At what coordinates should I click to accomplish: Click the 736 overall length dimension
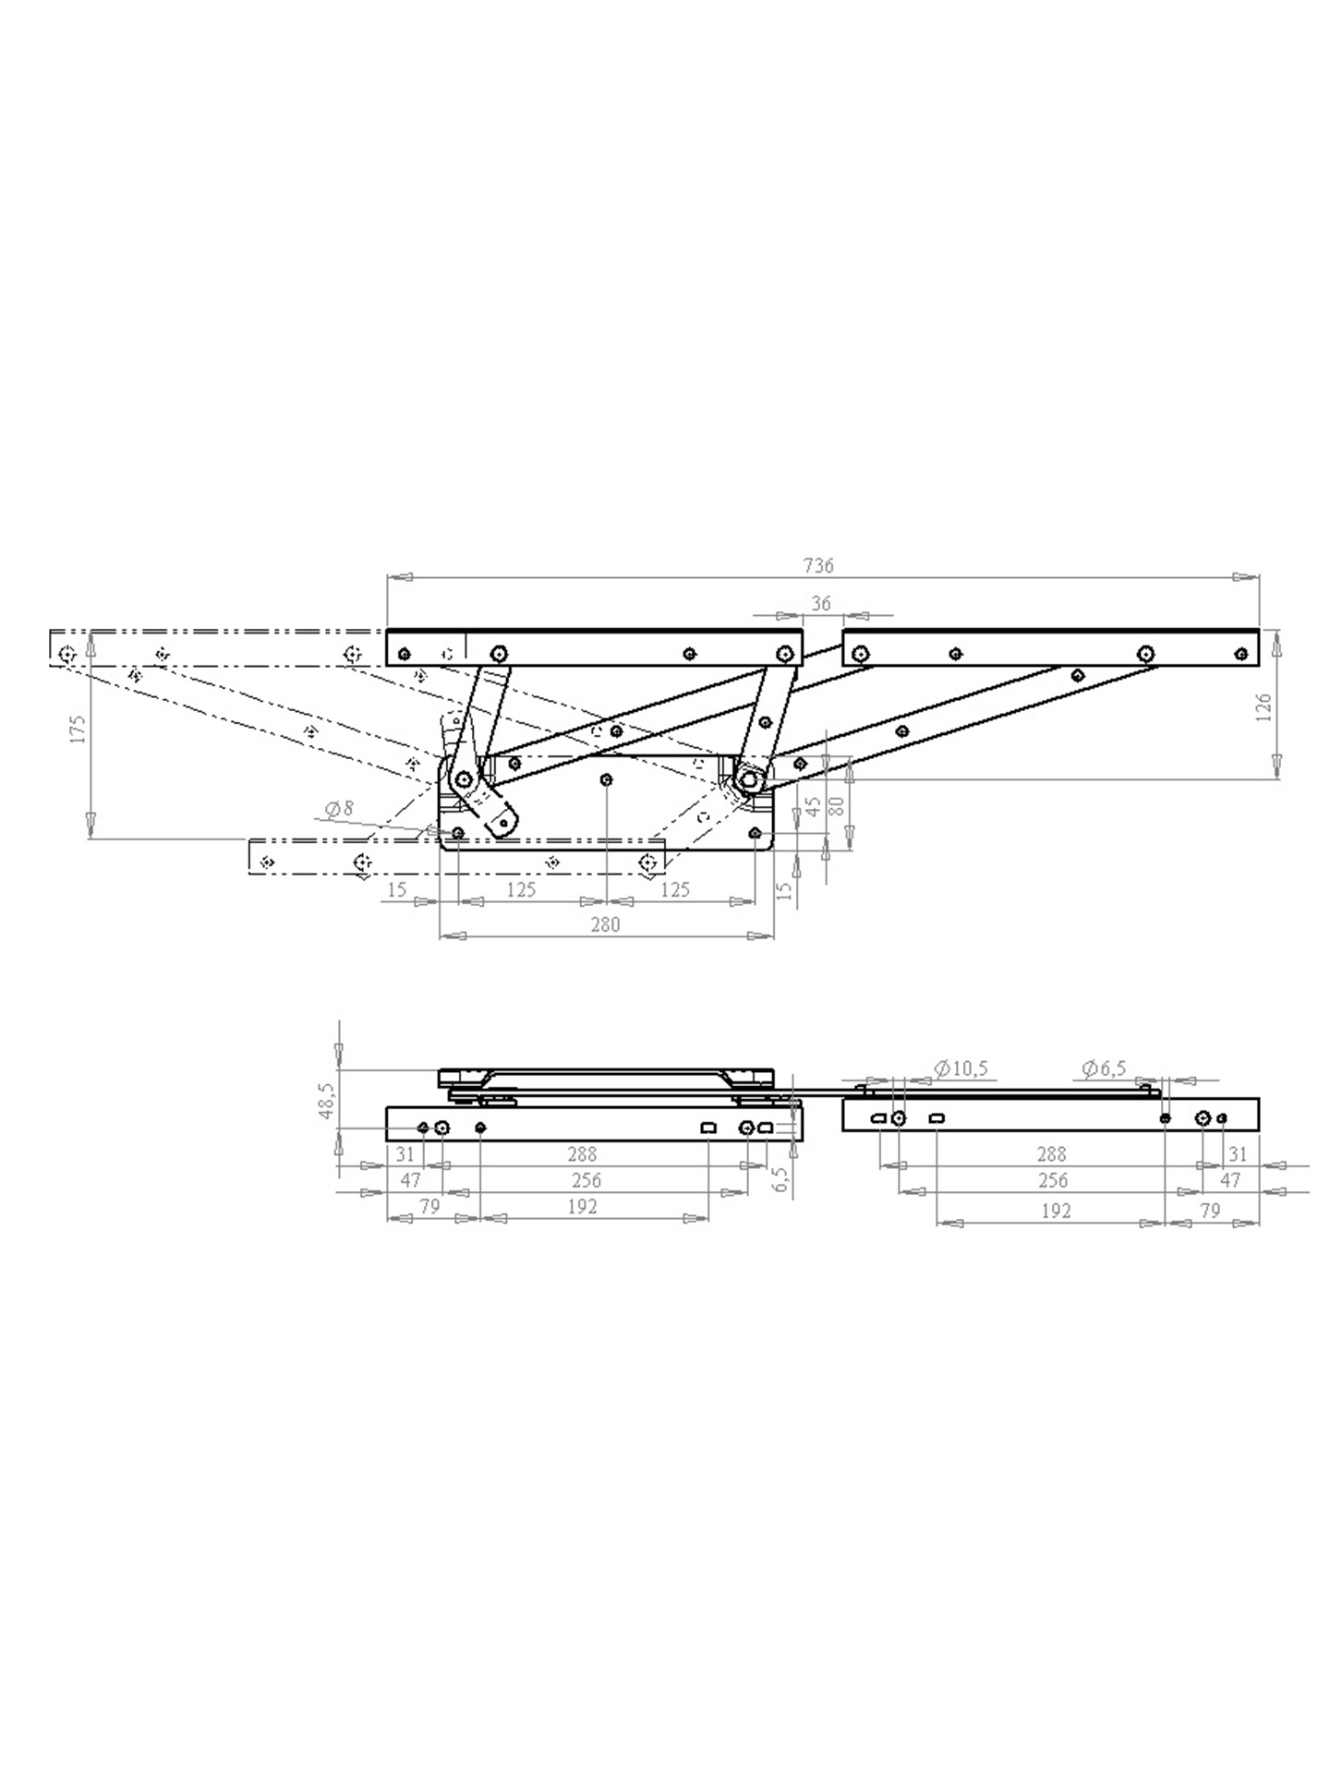point(818,565)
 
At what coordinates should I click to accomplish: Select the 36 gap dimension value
point(820,603)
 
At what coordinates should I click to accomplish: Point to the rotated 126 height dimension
point(1264,707)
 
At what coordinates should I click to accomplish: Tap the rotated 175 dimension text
point(79,729)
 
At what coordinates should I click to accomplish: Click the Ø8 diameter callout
point(339,809)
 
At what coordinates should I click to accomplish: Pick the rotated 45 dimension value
point(813,806)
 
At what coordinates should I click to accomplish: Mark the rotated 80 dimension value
point(837,804)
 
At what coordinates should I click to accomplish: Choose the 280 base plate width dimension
point(605,924)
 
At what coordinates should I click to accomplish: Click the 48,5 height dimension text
point(325,1100)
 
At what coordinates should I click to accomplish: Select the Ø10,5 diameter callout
point(961,1068)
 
